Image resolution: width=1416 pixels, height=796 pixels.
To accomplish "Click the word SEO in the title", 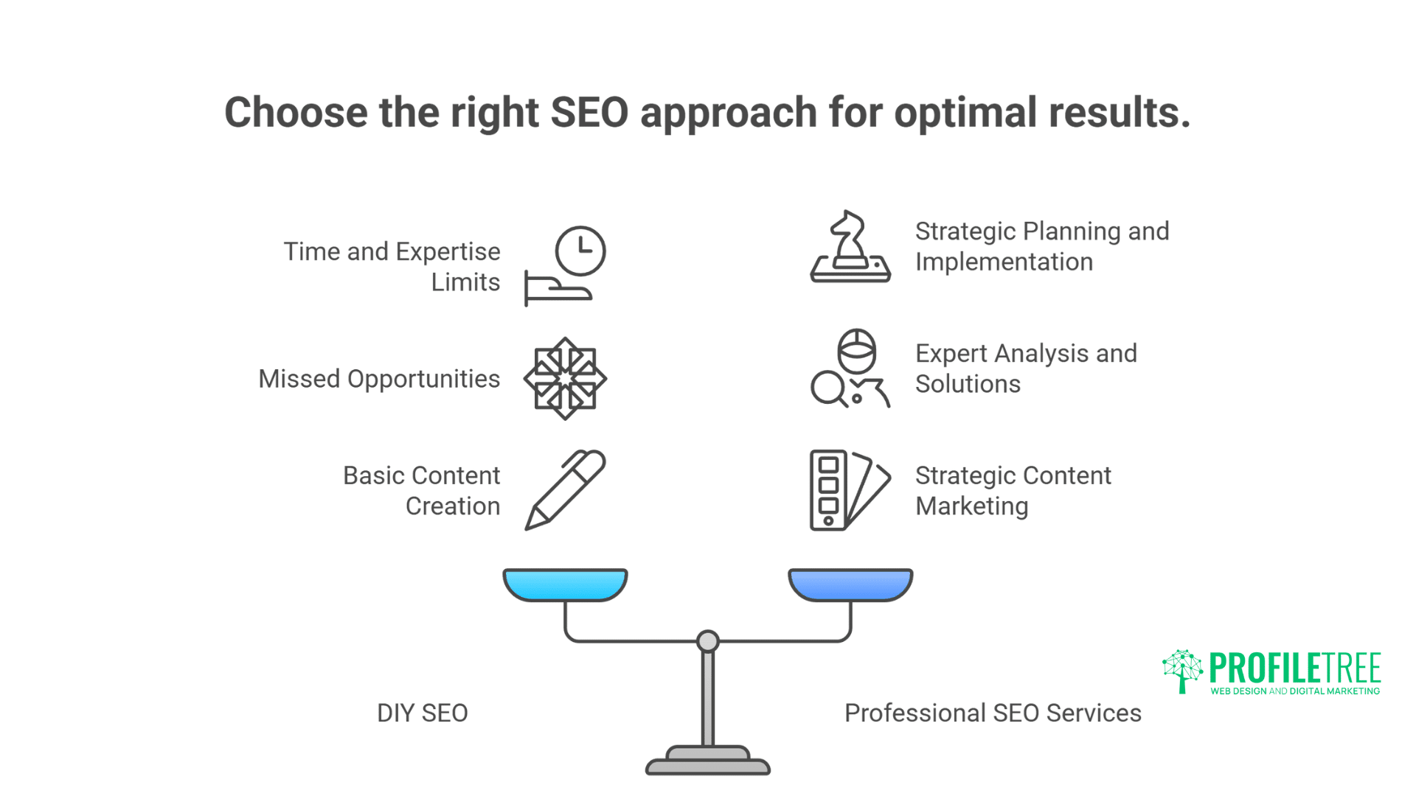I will (x=589, y=113).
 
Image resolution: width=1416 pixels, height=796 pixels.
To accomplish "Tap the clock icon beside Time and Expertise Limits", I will (x=580, y=251).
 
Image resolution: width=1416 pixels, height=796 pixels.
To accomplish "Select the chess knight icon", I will (x=850, y=246).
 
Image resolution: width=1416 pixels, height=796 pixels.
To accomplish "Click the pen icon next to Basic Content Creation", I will (x=565, y=489).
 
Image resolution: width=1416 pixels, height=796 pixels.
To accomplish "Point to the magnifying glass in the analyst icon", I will (x=827, y=388).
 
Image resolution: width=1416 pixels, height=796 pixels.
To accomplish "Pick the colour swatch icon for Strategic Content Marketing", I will (x=850, y=490).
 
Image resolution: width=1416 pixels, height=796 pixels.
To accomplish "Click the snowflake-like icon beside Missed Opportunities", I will (x=565, y=379).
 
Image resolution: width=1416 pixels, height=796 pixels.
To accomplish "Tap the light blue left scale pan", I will (x=565, y=584).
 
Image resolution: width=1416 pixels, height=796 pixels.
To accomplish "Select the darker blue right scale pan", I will (x=850, y=584).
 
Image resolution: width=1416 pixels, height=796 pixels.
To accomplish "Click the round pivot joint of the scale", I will (x=707, y=641).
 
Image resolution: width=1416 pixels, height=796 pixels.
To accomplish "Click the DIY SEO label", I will (x=422, y=713).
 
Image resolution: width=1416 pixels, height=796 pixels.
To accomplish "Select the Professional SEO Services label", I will (x=993, y=713).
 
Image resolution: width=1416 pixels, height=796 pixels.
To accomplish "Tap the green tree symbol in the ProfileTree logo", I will (x=1182, y=669).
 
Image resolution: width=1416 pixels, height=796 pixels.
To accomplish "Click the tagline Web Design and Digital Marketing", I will (x=1294, y=691).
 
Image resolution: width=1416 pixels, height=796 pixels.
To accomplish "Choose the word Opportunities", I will (x=423, y=379).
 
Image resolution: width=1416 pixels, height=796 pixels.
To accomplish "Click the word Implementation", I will (x=1004, y=262).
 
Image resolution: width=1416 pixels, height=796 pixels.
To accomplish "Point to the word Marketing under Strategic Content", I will (x=971, y=506).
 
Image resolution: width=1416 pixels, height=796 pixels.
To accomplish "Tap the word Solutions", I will (x=968, y=384).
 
